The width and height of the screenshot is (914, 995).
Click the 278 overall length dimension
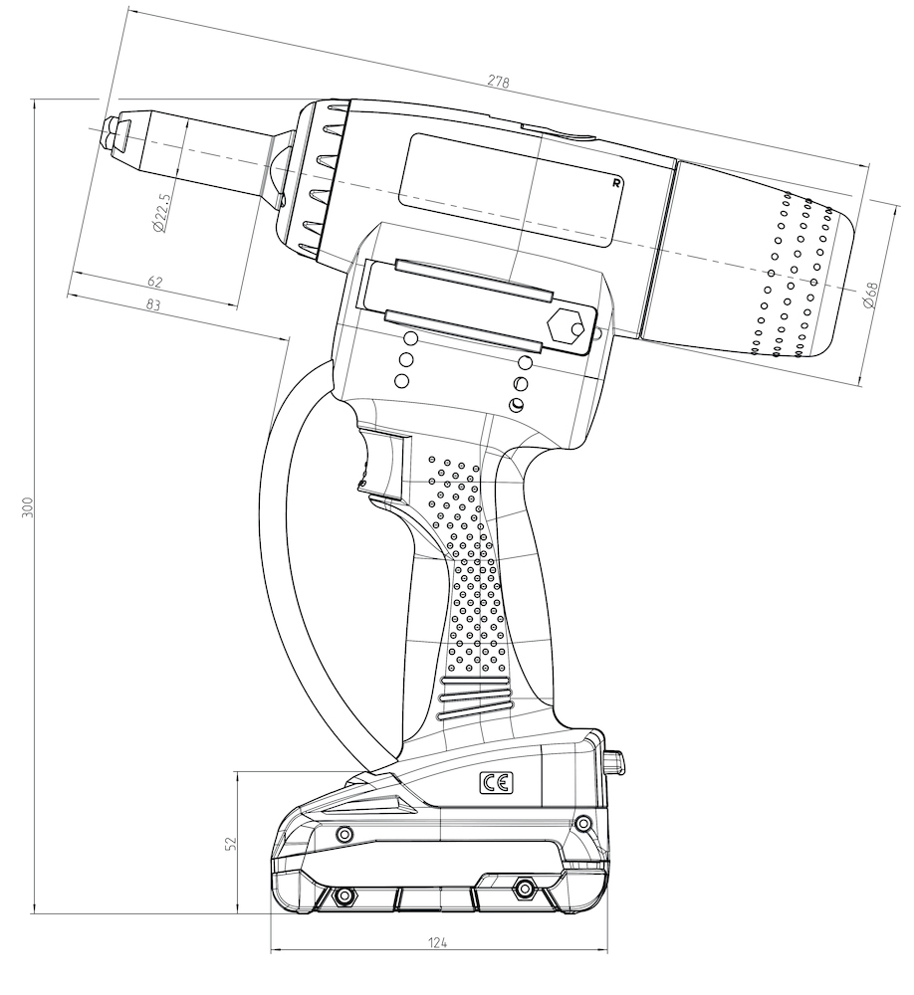point(498,82)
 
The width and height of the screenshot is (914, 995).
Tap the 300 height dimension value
point(27,507)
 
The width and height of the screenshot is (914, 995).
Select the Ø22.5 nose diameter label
point(162,212)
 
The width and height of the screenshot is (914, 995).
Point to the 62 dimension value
point(154,282)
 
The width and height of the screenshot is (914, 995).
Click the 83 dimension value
point(153,304)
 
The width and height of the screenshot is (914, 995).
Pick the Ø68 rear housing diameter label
point(870,296)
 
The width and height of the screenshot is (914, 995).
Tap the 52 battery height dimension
point(231,843)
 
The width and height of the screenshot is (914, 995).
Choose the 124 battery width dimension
point(437,942)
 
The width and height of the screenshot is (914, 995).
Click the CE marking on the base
point(496,784)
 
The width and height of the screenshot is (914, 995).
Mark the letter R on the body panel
point(615,183)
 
